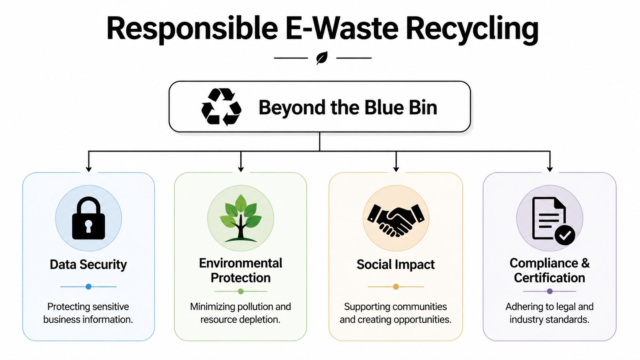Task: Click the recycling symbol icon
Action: coord(221,107)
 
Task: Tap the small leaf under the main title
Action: coord(322,58)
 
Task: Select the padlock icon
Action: coord(88,218)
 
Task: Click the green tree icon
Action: coord(241,218)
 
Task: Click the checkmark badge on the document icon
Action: coord(565,235)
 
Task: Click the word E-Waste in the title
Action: coord(342,28)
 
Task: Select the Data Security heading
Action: coord(88,264)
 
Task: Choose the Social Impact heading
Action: coord(396,264)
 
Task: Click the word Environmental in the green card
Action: coord(241,263)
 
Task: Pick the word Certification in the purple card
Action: coord(549,278)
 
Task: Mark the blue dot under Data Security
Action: coord(88,287)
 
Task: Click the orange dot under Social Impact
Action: coord(396,287)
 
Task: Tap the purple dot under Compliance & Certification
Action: coord(550,291)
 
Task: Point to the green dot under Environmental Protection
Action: coord(241,291)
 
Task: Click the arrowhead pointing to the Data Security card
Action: coord(89,169)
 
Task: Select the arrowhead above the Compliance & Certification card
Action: coord(550,169)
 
